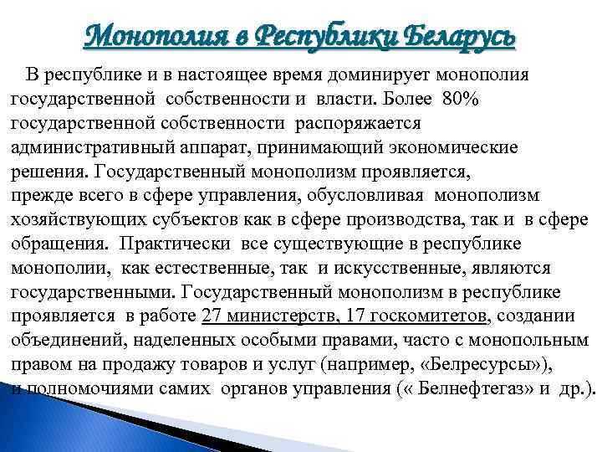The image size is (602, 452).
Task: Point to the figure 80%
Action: point(461,99)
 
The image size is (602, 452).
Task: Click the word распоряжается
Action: point(359,123)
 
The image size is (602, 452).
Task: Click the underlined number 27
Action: point(213,316)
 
